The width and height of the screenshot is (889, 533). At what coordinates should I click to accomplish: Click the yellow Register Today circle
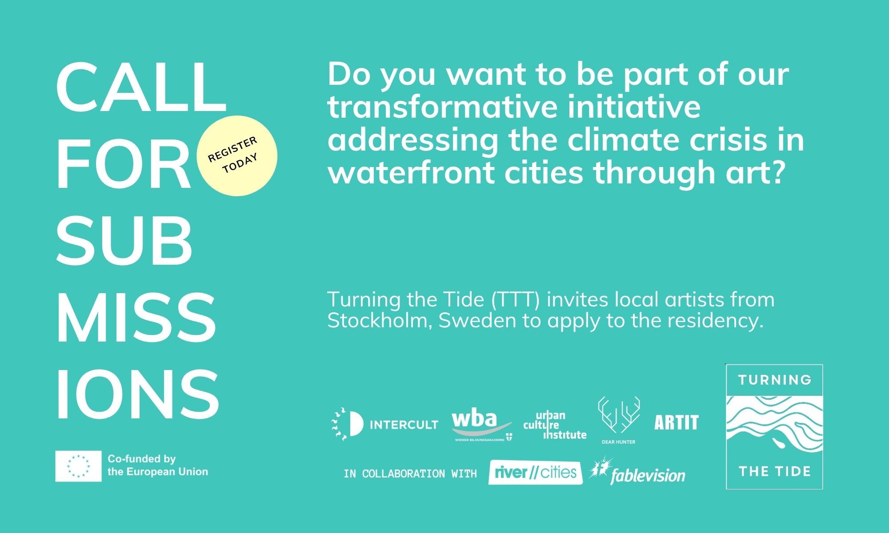coord(237,155)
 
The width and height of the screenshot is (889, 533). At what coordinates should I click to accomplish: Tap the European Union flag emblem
coord(78,466)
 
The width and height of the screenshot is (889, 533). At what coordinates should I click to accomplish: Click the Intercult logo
coord(385,424)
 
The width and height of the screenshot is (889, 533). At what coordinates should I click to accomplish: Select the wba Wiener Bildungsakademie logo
coord(482,426)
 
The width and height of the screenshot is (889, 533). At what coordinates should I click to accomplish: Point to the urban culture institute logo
coord(555,425)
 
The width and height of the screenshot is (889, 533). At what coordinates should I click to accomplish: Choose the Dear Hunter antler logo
coord(618,420)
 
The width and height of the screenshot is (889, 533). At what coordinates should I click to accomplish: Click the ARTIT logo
coord(676,422)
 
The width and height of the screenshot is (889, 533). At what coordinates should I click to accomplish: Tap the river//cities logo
coord(535,472)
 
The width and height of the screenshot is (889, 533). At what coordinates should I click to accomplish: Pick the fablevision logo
coord(637,471)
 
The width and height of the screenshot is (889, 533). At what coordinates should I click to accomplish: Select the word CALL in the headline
coord(141,88)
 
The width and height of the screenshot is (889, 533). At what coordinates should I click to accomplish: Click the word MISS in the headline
coord(136,318)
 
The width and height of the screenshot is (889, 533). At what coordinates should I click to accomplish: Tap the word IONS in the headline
coord(138,394)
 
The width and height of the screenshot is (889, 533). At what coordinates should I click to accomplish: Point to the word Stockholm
coord(380,320)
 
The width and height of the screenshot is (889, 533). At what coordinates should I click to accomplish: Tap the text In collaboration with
coord(410,473)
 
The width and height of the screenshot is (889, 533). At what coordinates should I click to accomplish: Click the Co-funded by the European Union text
coord(158,465)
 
